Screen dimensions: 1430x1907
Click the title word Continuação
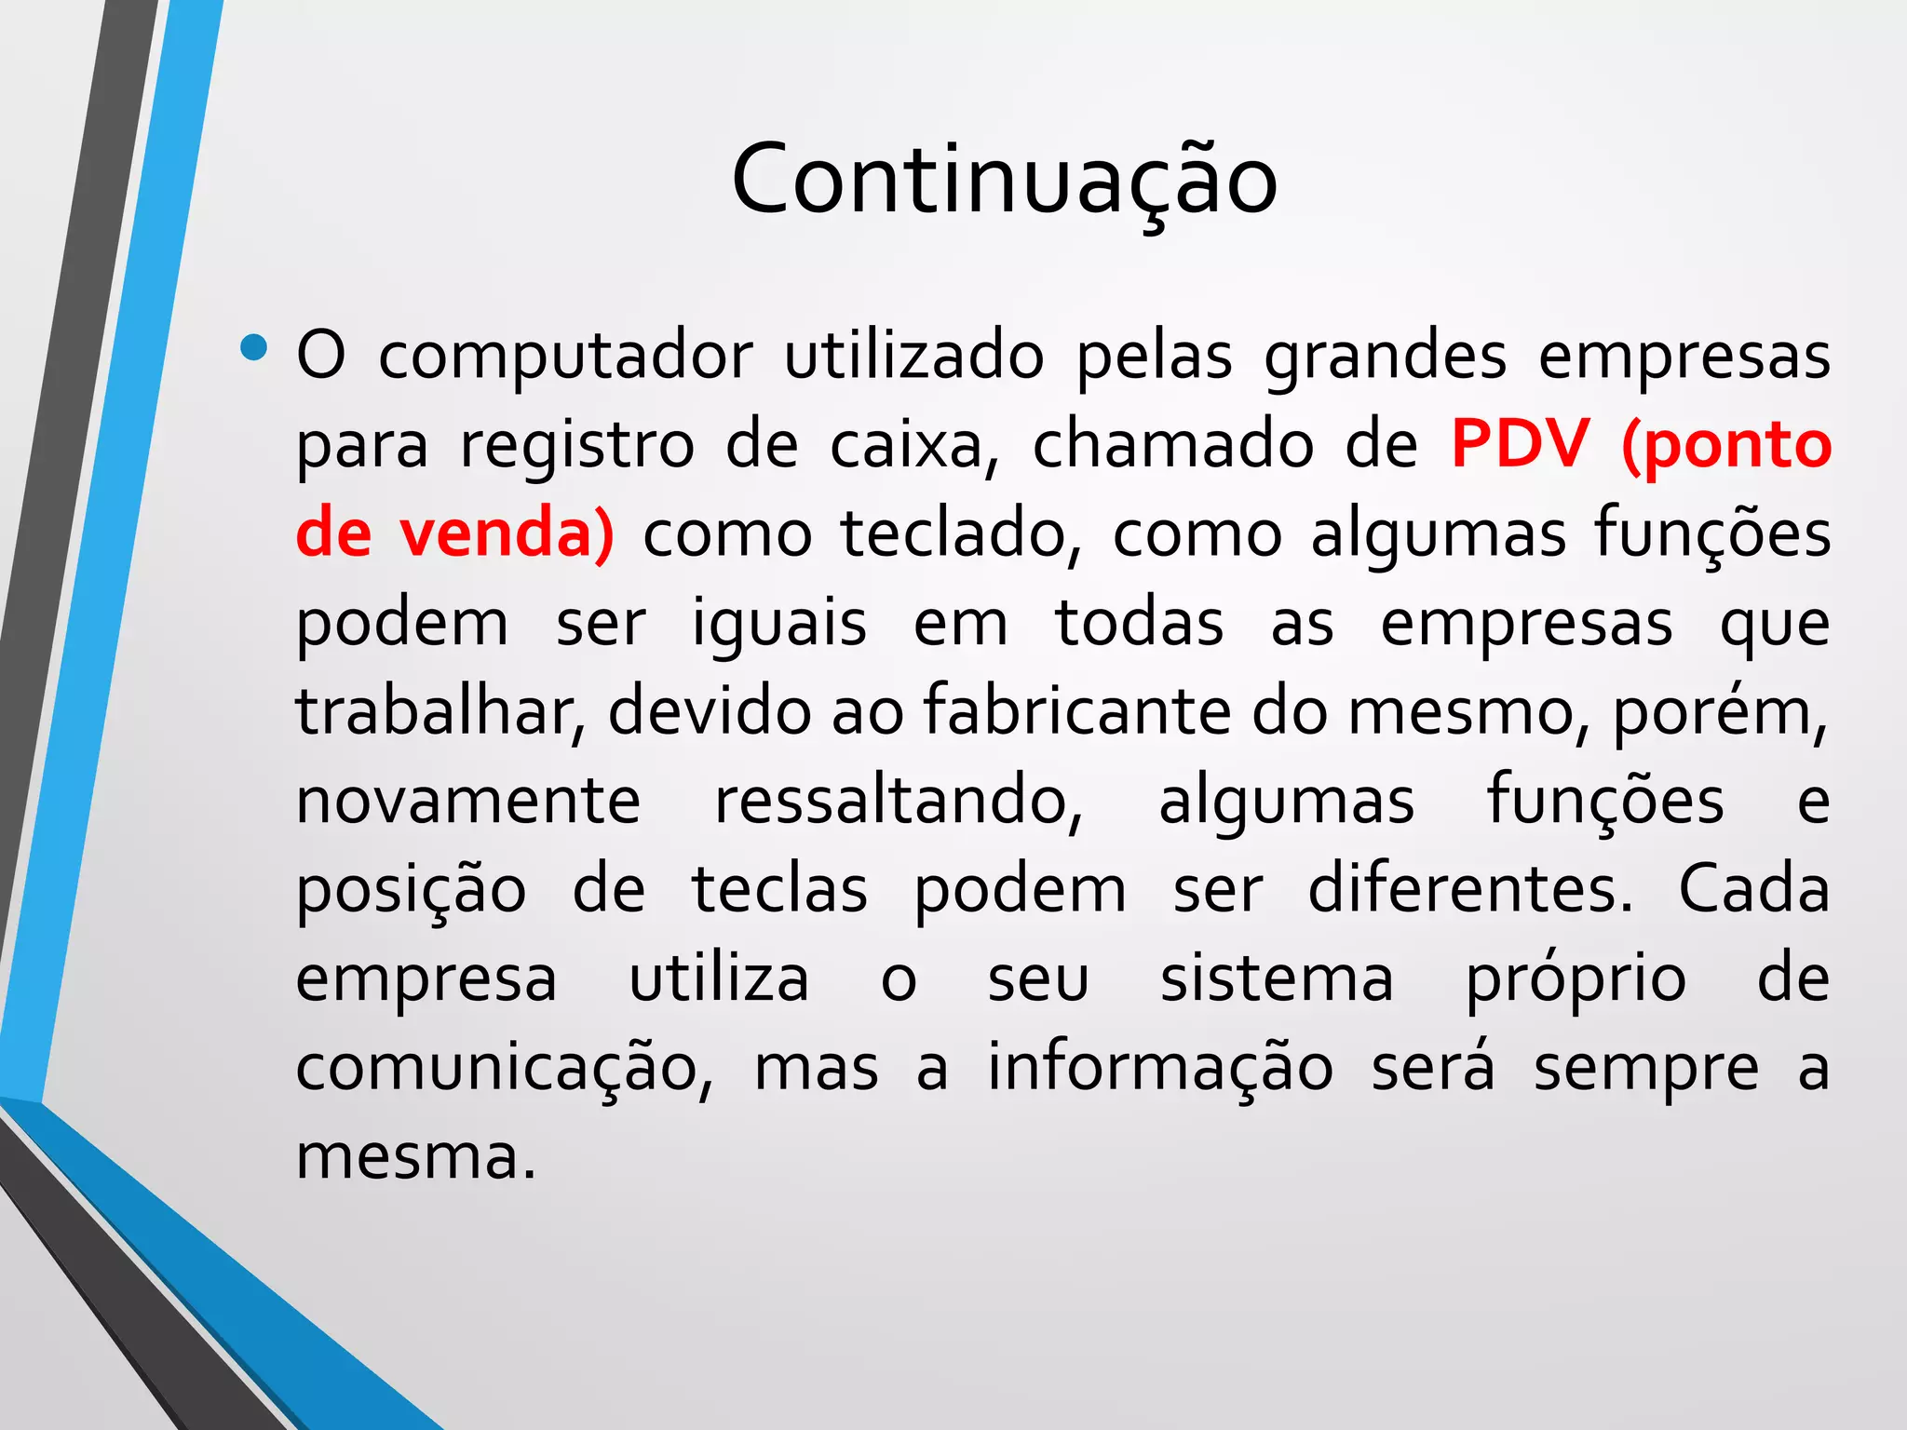[x=1004, y=179]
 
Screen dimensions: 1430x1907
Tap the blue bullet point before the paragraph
[x=252, y=348]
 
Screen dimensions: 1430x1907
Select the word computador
[x=565, y=357]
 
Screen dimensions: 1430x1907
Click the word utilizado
[x=913, y=357]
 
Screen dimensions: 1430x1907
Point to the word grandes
[x=1385, y=357]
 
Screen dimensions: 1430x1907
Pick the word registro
[x=576, y=445]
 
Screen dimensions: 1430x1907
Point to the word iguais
[x=779, y=623]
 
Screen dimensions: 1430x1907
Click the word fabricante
[x=1076, y=711]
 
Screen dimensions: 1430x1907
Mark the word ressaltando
[x=899, y=801]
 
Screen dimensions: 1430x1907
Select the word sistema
[x=1277, y=978]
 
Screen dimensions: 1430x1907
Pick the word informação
[x=1160, y=1067]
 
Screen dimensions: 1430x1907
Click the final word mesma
[x=415, y=1156]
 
